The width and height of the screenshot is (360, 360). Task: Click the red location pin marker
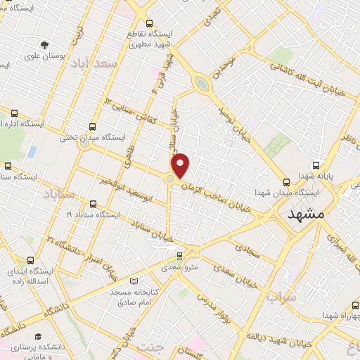point(181,165)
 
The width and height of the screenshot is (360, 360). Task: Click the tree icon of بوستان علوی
point(46,45)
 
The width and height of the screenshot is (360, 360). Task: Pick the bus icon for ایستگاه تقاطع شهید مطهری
point(147,22)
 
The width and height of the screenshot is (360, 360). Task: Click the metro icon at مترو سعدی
point(180,256)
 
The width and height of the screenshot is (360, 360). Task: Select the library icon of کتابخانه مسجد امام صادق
point(134,281)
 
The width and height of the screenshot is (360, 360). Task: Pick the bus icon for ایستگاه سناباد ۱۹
point(94,204)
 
